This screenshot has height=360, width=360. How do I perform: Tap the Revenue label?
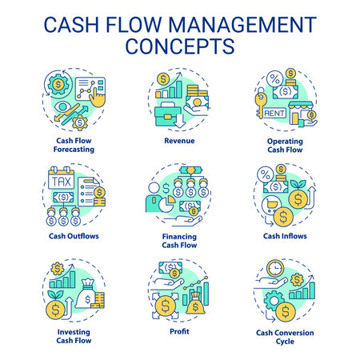click(179, 140)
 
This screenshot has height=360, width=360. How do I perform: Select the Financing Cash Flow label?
click(179, 241)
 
